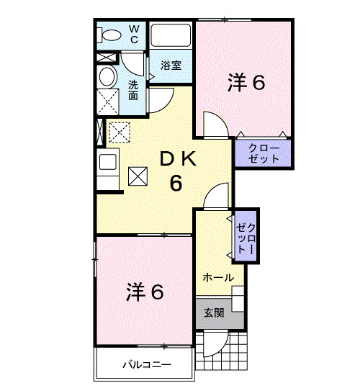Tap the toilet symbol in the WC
point(109,35)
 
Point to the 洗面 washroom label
point(134,90)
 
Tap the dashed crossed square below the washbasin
point(108,101)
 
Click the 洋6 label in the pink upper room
point(247,83)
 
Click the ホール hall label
point(217,277)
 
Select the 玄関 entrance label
point(213,312)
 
